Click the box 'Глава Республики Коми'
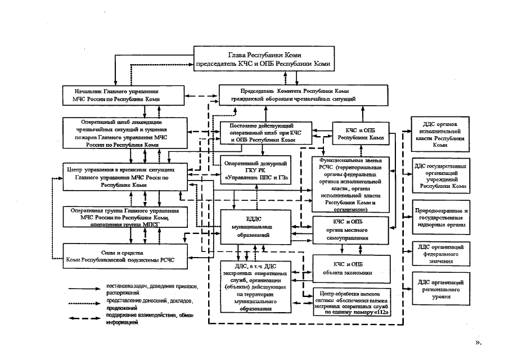pyautogui.click(x=265, y=59)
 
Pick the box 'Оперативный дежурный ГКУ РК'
pyautogui.click(x=256, y=169)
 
